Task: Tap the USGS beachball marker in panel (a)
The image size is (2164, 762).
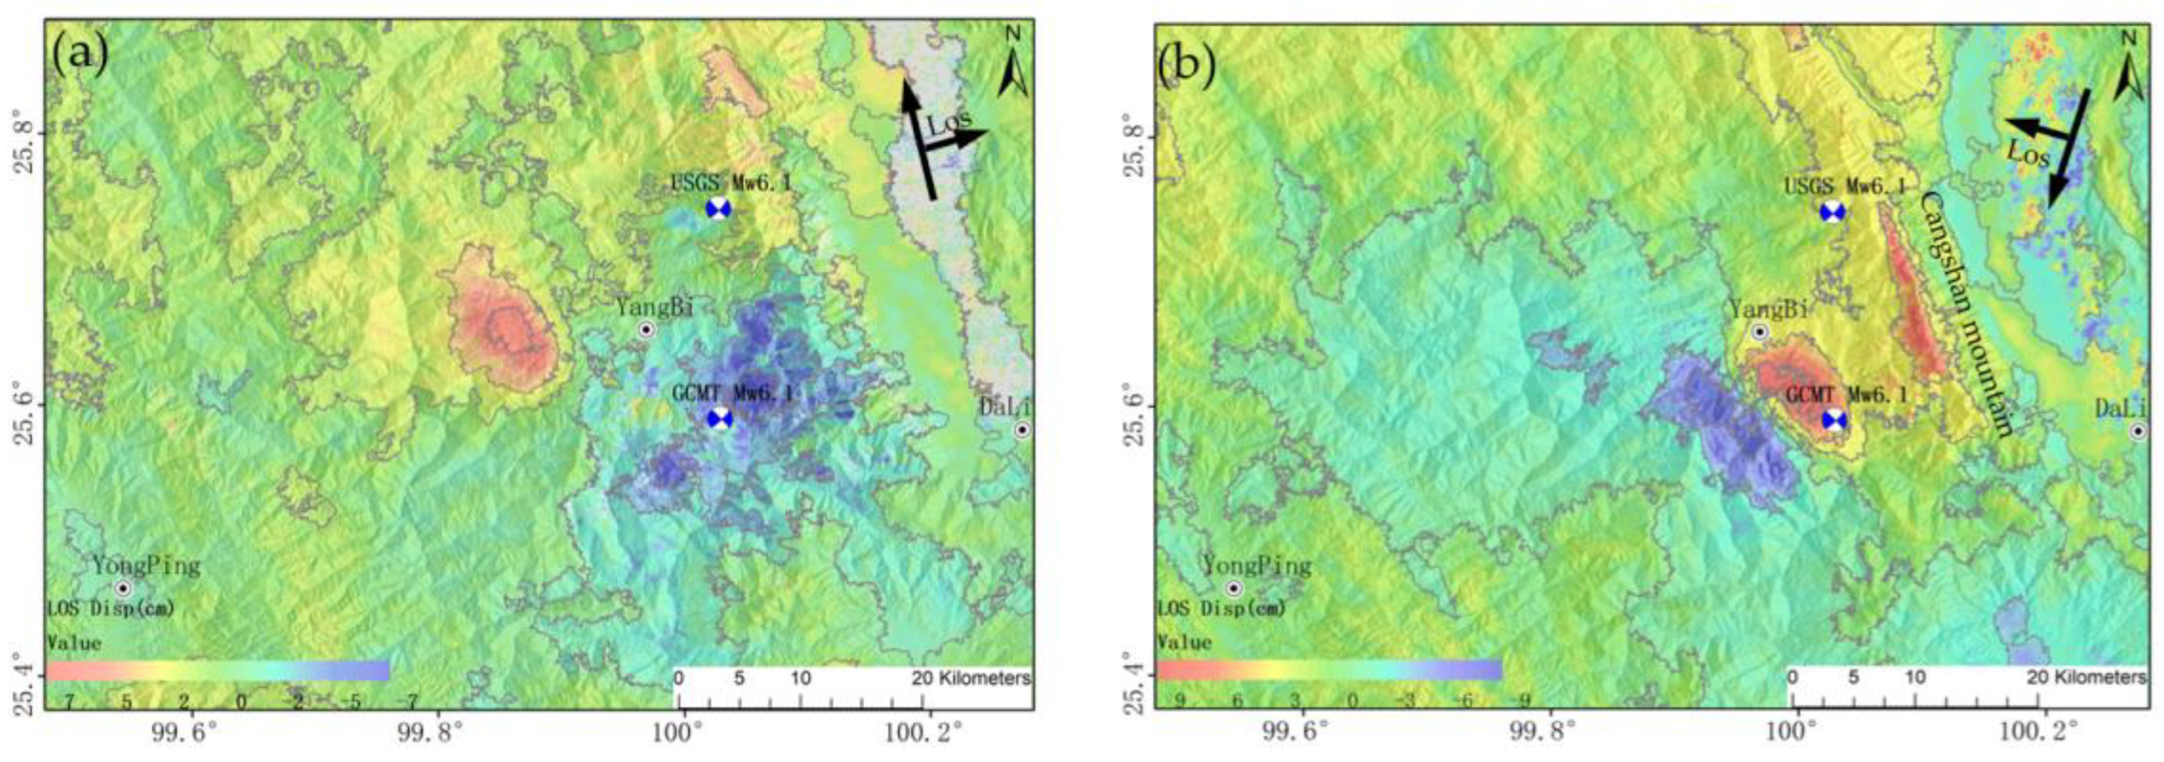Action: point(719,209)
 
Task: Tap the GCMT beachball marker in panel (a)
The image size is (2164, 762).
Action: point(720,418)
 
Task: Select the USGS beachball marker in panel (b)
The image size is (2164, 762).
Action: point(1832,212)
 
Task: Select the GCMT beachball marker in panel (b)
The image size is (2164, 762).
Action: point(1834,420)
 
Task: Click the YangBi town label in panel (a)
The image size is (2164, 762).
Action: point(654,307)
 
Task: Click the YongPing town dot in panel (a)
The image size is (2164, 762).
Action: point(124,588)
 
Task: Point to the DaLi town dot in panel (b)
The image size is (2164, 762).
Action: point(2138,431)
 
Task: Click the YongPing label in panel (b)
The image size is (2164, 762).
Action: point(1257,566)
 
